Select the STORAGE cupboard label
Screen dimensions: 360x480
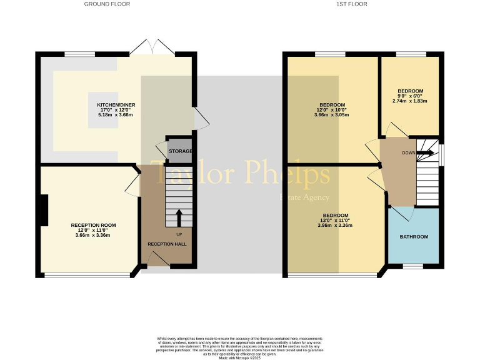point(179,151)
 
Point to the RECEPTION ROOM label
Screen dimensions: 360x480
point(93,225)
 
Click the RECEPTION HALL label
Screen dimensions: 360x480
point(167,244)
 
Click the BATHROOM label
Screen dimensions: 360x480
point(414,237)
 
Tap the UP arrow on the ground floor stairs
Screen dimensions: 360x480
point(179,218)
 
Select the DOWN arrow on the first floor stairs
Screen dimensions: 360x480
point(426,152)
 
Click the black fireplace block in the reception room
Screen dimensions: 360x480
point(44,211)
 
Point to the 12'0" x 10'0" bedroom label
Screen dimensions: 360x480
point(333,110)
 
